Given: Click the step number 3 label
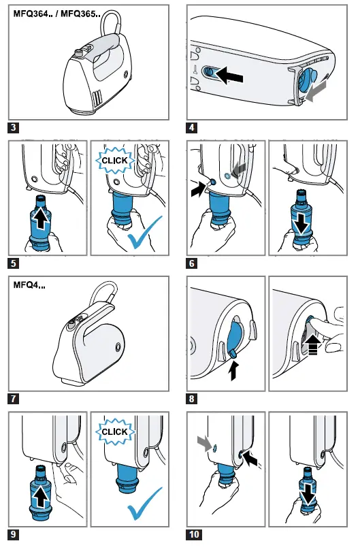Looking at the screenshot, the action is click(x=13, y=127).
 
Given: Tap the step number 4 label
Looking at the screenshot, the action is click(x=192, y=127).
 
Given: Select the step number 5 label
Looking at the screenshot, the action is click(x=13, y=263).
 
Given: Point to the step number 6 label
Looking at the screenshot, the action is click(x=192, y=263).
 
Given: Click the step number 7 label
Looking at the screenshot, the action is click(x=13, y=399).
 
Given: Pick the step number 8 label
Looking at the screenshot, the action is click(x=192, y=399).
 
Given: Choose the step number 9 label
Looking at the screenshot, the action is click(x=13, y=534).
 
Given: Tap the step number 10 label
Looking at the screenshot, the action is click(x=194, y=534).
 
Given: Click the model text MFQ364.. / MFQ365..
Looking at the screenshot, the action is click(x=56, y=14).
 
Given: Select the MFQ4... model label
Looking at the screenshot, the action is click(x=29, y=285).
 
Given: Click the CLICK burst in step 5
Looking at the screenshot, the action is click(x=114, y=161).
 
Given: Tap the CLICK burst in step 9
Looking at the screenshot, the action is click(x=114, y=432).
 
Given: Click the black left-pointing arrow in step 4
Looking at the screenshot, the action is click(x=229, y=75).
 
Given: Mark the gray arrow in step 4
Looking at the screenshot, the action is click(x=316, y=91).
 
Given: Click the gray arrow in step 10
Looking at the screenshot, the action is click(x=206, y=443).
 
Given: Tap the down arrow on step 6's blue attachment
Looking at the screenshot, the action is click(x=302, y=223).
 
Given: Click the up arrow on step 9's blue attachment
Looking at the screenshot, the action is click(x=42, y=496).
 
